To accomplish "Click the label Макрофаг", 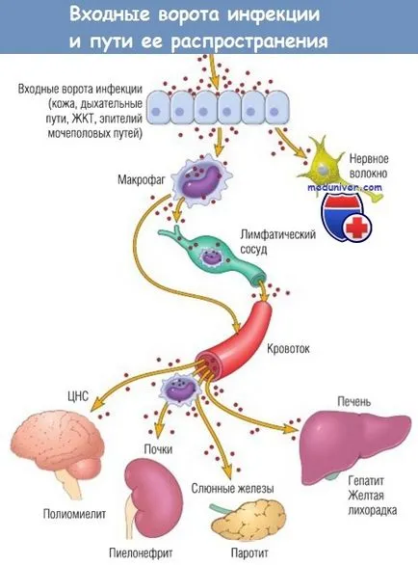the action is click(142, 179).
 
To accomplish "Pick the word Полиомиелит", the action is click(74, 514).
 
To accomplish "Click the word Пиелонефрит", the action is click(141, 552).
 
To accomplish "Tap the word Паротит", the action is click(249, 553).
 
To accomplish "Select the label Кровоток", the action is click(288, 349).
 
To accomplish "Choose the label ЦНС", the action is click(78, 396).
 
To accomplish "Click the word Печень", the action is click(353, 401).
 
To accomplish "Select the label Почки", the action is click(158, 449).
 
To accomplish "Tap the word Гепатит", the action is click(366, 481).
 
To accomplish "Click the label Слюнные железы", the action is click(232, 489).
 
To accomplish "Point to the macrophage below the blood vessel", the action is click(178, 390).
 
